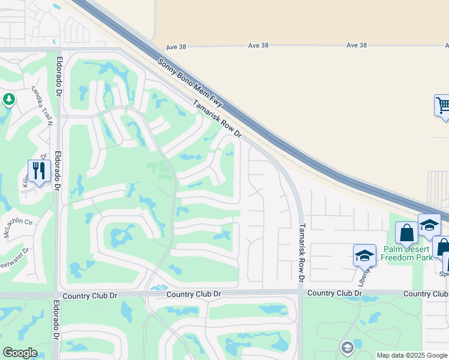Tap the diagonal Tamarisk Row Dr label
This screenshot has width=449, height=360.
click(217, 119)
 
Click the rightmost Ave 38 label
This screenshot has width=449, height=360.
click(357, 46)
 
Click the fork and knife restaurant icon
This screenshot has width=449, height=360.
click(39, 171)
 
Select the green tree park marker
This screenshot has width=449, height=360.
click(8, 99)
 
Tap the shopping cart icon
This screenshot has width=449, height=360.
click(443, 106)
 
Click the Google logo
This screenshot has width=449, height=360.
click(20, 353)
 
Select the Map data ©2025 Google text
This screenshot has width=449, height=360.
click(412, 355)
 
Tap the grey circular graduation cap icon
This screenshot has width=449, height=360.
click(347, 348)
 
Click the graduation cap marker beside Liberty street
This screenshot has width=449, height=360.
click(364, 255)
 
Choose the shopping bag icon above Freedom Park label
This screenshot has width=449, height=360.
click(406, 232)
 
